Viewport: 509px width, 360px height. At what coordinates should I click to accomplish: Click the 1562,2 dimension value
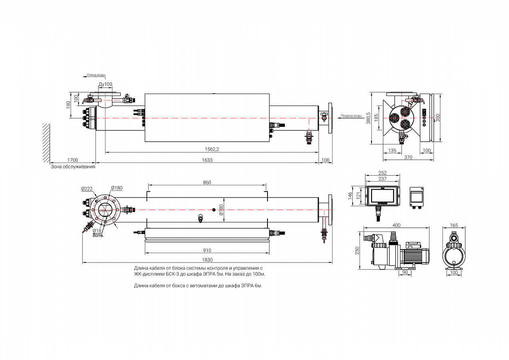tap(212, 149)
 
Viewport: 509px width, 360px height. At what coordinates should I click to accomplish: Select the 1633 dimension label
tap(207, 160)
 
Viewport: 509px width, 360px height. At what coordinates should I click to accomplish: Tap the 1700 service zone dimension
tap(72, 160)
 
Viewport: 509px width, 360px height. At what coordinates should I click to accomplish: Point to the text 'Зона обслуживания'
tap(73, 167)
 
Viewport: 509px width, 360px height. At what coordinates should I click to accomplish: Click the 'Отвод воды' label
tap(96, 75)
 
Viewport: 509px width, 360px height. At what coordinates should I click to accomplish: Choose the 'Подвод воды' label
tap(351, 116)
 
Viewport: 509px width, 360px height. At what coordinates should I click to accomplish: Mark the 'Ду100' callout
tap(106, 84)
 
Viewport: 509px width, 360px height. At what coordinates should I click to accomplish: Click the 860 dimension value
tap(207, 182)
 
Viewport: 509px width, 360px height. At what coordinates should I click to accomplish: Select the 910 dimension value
tap(207, 250)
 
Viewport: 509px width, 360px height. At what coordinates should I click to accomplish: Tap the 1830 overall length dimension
tap(207, 260)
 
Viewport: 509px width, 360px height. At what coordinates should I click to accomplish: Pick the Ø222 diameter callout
tap(87, 188)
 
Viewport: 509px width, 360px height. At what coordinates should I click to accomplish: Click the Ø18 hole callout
tap(96, 231)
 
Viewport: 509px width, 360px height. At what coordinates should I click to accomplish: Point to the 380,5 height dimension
tap(369, 118)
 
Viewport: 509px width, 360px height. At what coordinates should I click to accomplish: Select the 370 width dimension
tap(408, 157)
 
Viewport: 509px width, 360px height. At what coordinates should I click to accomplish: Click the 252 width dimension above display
tap(382, 173)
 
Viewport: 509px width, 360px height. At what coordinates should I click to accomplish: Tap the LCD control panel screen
tap(382, 196)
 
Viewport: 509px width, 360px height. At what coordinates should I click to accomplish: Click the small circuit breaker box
tap(417, 196)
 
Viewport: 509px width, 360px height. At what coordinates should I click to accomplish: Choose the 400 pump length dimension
tap(396, 225)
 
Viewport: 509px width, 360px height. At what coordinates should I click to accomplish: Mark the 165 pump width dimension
tap(454, 225)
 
